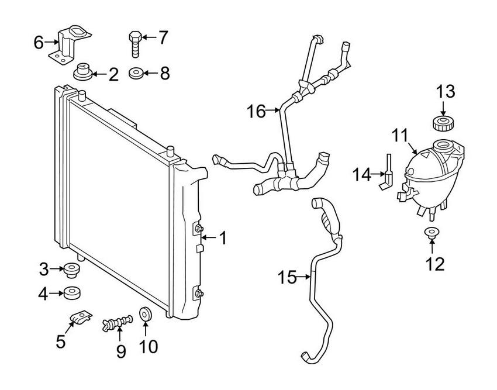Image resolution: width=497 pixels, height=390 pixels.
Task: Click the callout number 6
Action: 39,43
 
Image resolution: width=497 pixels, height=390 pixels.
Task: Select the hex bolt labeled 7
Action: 135,44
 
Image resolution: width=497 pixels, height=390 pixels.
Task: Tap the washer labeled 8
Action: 135,74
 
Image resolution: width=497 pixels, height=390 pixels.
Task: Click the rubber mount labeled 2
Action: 82,72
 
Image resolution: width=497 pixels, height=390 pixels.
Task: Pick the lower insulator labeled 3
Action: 72,270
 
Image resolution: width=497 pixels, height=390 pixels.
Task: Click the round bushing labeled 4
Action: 72,294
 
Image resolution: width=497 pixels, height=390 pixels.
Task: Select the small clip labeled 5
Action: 81,317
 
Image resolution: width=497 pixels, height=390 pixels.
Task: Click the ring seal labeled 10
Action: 146,313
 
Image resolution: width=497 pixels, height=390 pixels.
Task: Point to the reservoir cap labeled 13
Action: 443,123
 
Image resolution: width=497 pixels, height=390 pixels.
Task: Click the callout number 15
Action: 287,278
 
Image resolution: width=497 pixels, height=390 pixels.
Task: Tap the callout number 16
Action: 256,112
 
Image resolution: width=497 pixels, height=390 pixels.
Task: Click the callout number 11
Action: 401,136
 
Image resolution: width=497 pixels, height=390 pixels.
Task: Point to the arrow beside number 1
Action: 209,237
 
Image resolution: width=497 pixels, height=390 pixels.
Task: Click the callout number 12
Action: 435,264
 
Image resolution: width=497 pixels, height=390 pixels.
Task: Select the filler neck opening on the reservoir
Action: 443,146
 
